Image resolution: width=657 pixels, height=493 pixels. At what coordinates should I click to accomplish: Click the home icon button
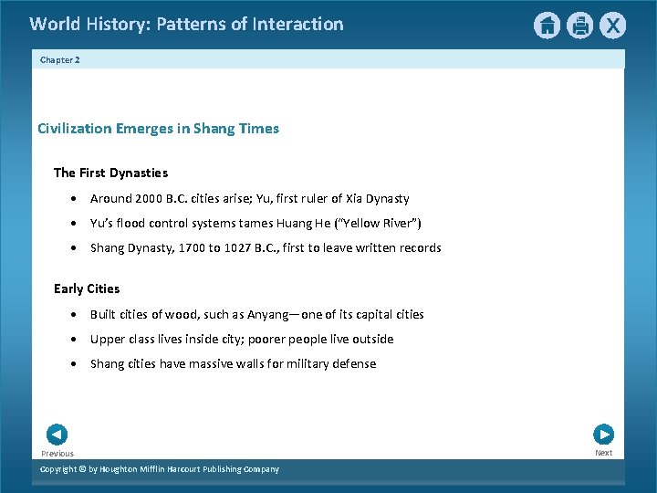click(x=547, y=26)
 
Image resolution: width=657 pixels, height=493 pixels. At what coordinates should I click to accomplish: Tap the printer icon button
click(x=580, y=26)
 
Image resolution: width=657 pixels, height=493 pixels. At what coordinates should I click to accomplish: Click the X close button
click(x=613, y=26)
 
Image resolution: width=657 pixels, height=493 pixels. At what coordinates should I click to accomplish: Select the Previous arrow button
click(x=57, y=435)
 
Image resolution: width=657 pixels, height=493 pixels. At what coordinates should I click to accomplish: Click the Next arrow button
click(x=603, y=435)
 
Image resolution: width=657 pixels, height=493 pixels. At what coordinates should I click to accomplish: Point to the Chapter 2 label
click(x=60, y=59)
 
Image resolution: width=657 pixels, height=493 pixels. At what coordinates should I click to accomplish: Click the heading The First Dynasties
click(x=110, y=173)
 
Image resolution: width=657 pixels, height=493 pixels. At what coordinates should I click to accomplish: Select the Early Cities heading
click(x=87, y=288)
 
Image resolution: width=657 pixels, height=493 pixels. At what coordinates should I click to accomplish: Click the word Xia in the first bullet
click(x=356, y=198)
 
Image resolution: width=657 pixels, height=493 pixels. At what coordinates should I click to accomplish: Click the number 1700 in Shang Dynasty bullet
click(x=193, y=247)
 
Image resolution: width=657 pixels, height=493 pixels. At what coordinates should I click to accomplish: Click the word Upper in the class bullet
click(x=107, y=339)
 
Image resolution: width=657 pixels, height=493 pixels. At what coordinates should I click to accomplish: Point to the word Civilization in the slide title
click(x=75, y=129)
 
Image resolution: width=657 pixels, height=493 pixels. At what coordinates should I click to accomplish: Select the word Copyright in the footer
click(x=61, y=469)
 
